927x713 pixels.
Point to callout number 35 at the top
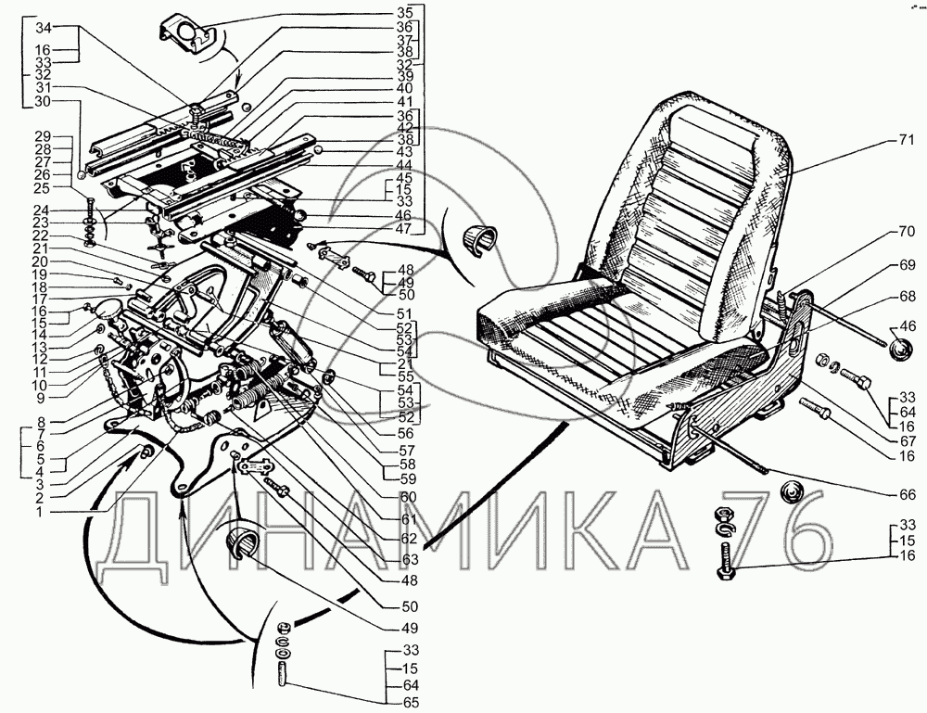(x=404, y=14)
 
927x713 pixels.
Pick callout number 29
(x=41, y=136)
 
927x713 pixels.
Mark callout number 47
(x=404, y=228)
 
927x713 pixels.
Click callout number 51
(x=404, y=313)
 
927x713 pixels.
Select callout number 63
(x=411, y=560)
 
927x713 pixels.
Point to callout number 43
(x=404, y=151)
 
